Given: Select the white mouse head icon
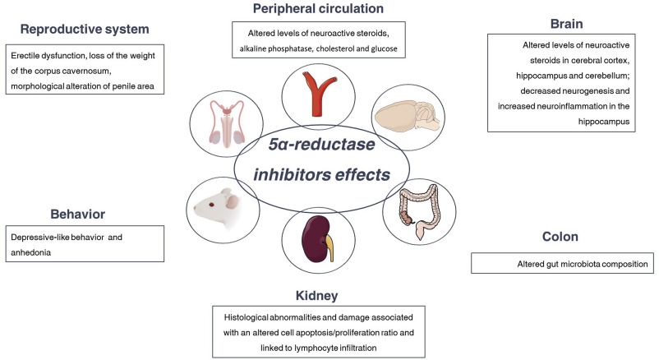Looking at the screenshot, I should coord(220,210).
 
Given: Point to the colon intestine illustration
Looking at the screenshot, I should coord(420,210).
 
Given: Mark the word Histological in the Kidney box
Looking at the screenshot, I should coord(250,316).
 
